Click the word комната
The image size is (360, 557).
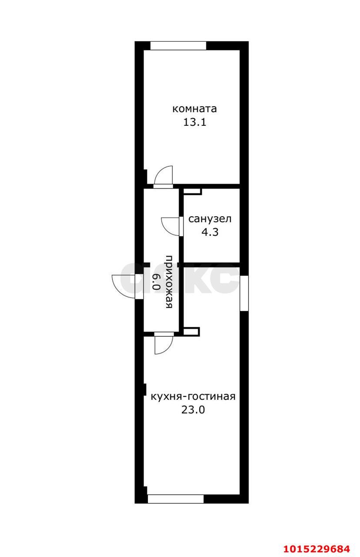(x=195, y=108)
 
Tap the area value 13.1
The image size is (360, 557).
(x=194, y=122)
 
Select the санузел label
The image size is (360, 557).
(x=210, y=218)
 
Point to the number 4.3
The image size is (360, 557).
(x=209, y=232)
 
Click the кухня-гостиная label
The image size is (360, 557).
(x=193, y=396)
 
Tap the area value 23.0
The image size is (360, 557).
(x=193, y=410)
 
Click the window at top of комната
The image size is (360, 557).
(x=178, y=45)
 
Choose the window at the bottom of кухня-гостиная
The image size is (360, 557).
(x=175, y=499)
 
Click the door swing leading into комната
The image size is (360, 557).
(x=165, y=176)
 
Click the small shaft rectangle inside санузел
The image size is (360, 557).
(x=192, y=191)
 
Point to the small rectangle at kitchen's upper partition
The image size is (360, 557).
(x=192, y=332)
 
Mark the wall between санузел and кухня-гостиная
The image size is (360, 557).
(x=211, y=264)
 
